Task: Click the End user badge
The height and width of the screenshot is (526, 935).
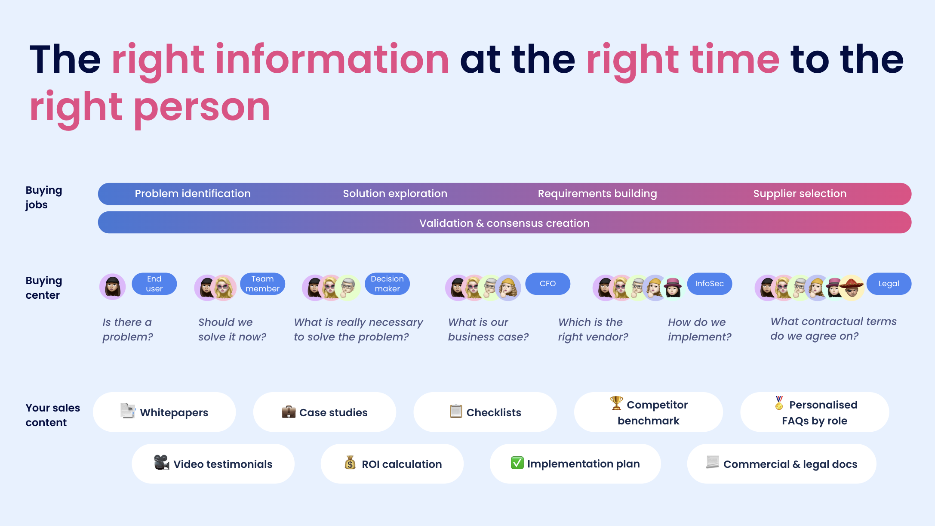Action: pos(154,284)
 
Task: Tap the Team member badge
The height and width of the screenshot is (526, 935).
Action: pos(262,284)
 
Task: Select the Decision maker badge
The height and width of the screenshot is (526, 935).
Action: pos(387,284)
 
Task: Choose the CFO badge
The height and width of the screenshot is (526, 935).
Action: pos(547,284)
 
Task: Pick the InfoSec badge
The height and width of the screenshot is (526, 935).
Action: pos(710,284)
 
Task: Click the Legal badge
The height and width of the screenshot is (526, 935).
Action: pos(889,284)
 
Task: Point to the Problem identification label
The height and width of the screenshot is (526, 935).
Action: pos(193,194)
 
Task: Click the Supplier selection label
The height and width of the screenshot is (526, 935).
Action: pos(800,194)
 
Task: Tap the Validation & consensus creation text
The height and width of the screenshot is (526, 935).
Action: pos(504,223)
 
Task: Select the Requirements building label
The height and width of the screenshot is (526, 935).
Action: pos(597,194)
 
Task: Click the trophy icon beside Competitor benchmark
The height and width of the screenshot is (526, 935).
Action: pos(616,403)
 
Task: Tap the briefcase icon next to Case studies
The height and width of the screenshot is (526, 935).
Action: pos(289,412)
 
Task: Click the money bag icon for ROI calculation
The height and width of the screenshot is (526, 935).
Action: pos(350,463)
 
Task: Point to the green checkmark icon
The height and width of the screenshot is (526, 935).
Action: pos(517,463)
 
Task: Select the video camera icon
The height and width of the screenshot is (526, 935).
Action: pos(162,463)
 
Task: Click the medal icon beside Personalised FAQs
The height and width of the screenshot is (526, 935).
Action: pos(779,403)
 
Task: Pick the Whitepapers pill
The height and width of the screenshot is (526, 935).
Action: pos(164,412)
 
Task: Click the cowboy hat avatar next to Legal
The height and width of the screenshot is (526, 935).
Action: pos(852,287)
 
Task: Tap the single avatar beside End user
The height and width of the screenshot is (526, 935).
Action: pos(113,286)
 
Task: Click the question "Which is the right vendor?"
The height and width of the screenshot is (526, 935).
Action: pos(593,329)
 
